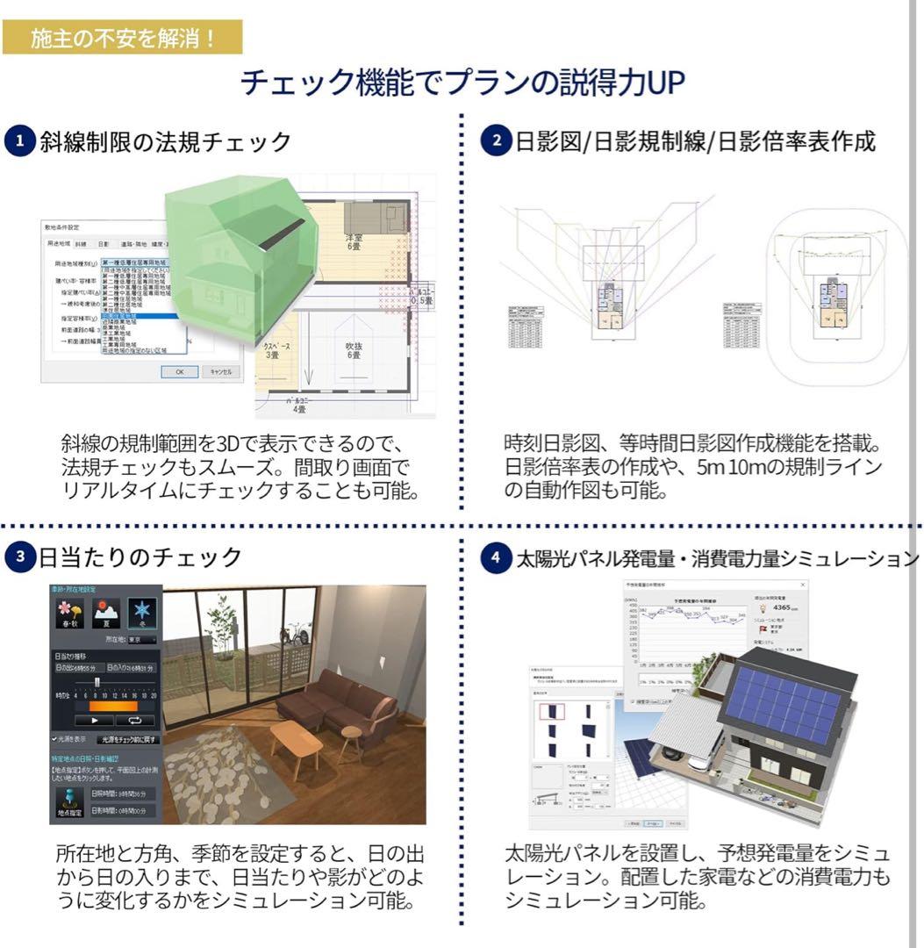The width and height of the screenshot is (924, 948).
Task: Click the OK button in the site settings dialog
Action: [x=179, y=371]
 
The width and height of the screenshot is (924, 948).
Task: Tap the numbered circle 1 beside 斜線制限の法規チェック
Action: [x=19, y=141]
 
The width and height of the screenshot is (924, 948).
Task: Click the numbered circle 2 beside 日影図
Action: [x=498, y=141]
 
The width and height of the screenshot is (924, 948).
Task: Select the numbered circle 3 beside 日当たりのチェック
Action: [x=19, y=557]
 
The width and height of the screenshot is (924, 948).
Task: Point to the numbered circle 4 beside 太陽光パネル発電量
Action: [x=498, y=557]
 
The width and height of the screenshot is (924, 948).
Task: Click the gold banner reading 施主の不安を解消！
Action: [x=123, y=39]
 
